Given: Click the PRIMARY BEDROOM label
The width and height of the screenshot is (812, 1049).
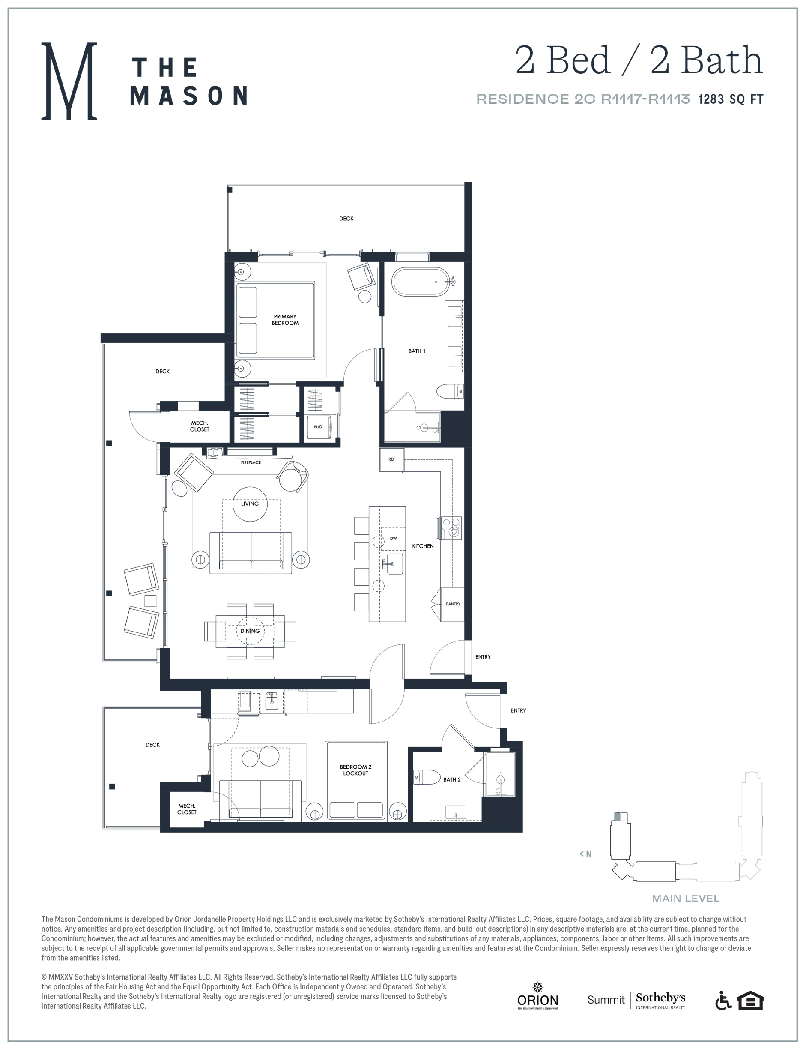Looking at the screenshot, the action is (x=285, y=320).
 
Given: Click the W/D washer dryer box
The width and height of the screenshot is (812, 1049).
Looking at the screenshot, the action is (x=318, y=426).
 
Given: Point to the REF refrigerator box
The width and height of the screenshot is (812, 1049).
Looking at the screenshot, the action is (x=391, y=459).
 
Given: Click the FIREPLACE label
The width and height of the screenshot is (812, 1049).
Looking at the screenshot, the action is (x=251, y=462).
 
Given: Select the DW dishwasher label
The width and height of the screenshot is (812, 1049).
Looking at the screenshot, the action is (x=394, y=539).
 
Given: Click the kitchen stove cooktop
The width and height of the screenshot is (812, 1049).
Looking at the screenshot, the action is (x=450, y=528).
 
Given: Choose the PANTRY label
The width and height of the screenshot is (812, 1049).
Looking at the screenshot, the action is (x=453, y=604).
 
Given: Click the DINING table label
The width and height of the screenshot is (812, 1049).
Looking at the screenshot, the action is (x=250, y=631).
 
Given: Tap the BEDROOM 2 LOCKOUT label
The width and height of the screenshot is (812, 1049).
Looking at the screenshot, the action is (x=355, y=770).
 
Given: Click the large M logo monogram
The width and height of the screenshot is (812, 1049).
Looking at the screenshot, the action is (x=69, y=81).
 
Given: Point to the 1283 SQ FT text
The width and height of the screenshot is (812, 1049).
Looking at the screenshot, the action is (x=731, y=99).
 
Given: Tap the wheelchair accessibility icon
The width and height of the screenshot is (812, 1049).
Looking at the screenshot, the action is (x=724, y=1001).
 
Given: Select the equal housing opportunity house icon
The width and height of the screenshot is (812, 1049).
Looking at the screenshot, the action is (x=751, y=1001).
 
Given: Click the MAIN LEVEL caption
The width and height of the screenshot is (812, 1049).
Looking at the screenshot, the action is (x=686, y=898).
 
